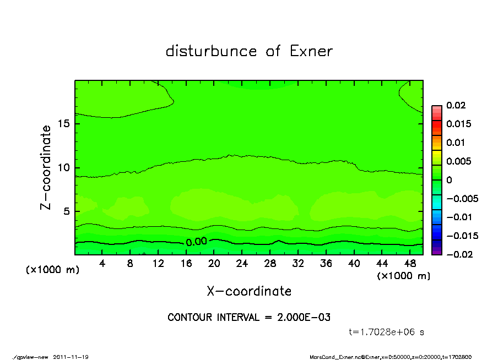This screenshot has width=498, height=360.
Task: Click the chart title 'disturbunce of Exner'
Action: pyautogui.click(x=249, y=51)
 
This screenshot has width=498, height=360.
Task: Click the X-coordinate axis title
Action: pyautogui.click(x=249, y=291)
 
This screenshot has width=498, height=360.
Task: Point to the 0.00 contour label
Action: pyautogui.click(x=196, y=242)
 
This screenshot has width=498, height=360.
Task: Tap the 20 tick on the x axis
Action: pyautogui.click(x=214, y=263)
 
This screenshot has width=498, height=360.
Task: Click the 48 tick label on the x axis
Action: pyautogui.click(x=410, y=263)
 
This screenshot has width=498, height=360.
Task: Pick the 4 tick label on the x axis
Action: pyautogui.click(x=102, y=263)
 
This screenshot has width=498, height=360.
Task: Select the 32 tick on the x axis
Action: pyautogui.click(x=299, y=263)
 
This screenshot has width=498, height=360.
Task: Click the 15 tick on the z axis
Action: pyautogui.click(x=63, y=124)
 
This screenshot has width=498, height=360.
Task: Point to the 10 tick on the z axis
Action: pyautogui.click(x=63, y=167)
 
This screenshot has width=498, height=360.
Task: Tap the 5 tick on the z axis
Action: pyautogui.click(x=66, y=211)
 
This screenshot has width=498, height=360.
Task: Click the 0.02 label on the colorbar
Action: pyautogui.click(x=455, y=105)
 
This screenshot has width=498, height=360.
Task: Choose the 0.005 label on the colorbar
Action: pyautogui.click(x=458, y=161)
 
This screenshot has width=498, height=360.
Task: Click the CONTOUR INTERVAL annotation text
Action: pyautogui.click(x=249, y=317)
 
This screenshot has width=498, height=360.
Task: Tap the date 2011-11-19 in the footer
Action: pyautogui.click(x=71, y=357)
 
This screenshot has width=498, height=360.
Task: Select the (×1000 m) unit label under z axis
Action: pyautogui.click(x=53, y=270)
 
